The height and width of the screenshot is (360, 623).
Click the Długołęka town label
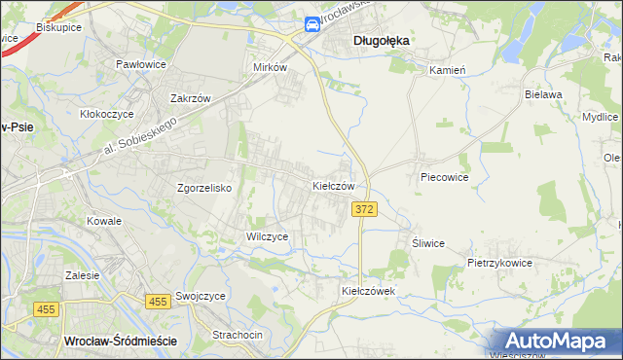pos(381,40)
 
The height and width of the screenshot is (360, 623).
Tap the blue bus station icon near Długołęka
pos(311,25)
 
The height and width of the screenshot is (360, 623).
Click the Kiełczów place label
pos(339,185)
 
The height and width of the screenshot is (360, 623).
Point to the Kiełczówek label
pos(366,291)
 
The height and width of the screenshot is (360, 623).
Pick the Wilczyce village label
pos(267,236)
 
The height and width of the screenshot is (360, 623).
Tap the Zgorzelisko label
pos(202,188)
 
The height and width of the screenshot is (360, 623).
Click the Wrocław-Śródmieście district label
pos(119,341)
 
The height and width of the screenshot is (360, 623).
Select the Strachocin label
pos(238,335)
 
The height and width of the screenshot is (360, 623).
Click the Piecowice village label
pos(445,178)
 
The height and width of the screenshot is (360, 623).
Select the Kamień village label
pos(449,70)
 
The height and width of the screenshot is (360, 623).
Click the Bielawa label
pos(544,94)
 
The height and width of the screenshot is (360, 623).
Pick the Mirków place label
pos(270,68)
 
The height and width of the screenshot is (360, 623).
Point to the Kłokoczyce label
pos(109,113)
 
